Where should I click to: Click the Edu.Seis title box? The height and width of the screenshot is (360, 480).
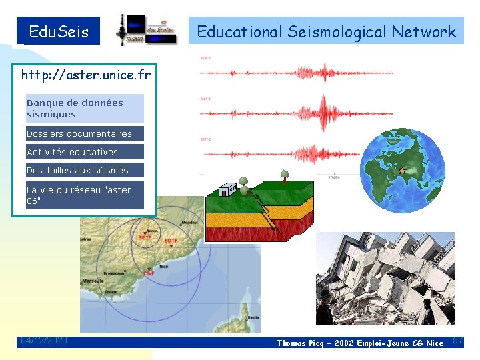click(59, 31)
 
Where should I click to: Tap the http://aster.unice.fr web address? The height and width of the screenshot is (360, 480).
click(86, 75)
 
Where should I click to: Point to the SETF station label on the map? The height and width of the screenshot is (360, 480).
click(145, 237)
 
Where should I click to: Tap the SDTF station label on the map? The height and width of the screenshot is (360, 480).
click(171, 241)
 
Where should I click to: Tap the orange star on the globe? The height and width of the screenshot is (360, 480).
click(401, 171)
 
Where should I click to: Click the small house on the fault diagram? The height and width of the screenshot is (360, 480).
click(227, 190)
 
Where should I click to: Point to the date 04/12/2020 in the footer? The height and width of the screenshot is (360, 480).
click(44, 341)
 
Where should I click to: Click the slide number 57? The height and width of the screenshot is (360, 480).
click(458, 341)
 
